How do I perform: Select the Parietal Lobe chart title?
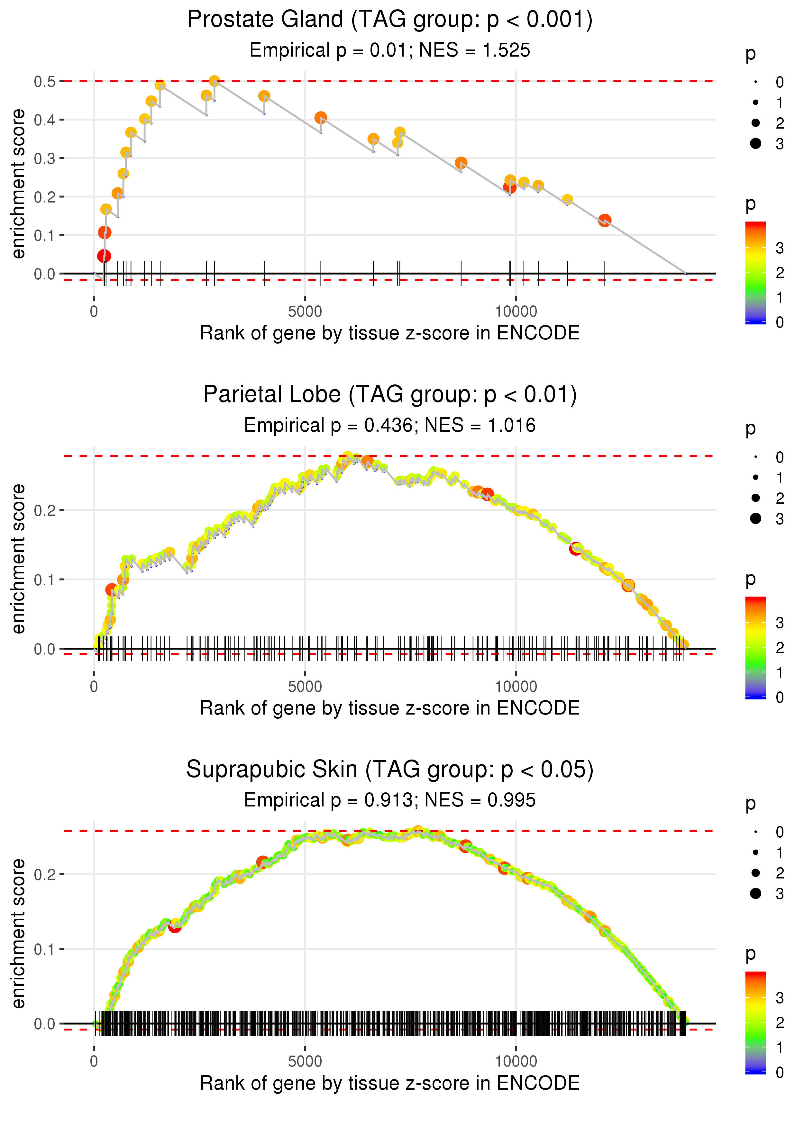click(x=390, y=395)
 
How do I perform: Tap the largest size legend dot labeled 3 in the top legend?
click(x=755, y=143)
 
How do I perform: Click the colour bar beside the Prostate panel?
click(x=755, y=273)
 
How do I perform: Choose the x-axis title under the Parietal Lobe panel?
click(x=390, y=708)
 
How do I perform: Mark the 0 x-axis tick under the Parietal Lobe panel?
click(x=94, y=687)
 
